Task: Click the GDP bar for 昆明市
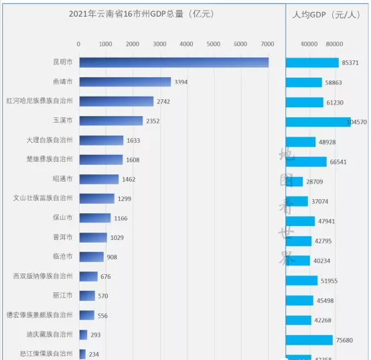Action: tap(173, 62)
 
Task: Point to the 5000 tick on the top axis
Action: tap(214, 44)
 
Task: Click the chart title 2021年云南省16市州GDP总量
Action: tap(143, 15)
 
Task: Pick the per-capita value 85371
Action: tap(351, 63)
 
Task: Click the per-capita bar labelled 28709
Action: tap(294, 182)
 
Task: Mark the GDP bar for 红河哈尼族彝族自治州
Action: tap(116, 101)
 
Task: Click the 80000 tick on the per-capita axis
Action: tap(335, 44)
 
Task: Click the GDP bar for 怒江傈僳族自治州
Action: tap(82, 354)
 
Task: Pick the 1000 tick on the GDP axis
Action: tap(106, 44)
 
